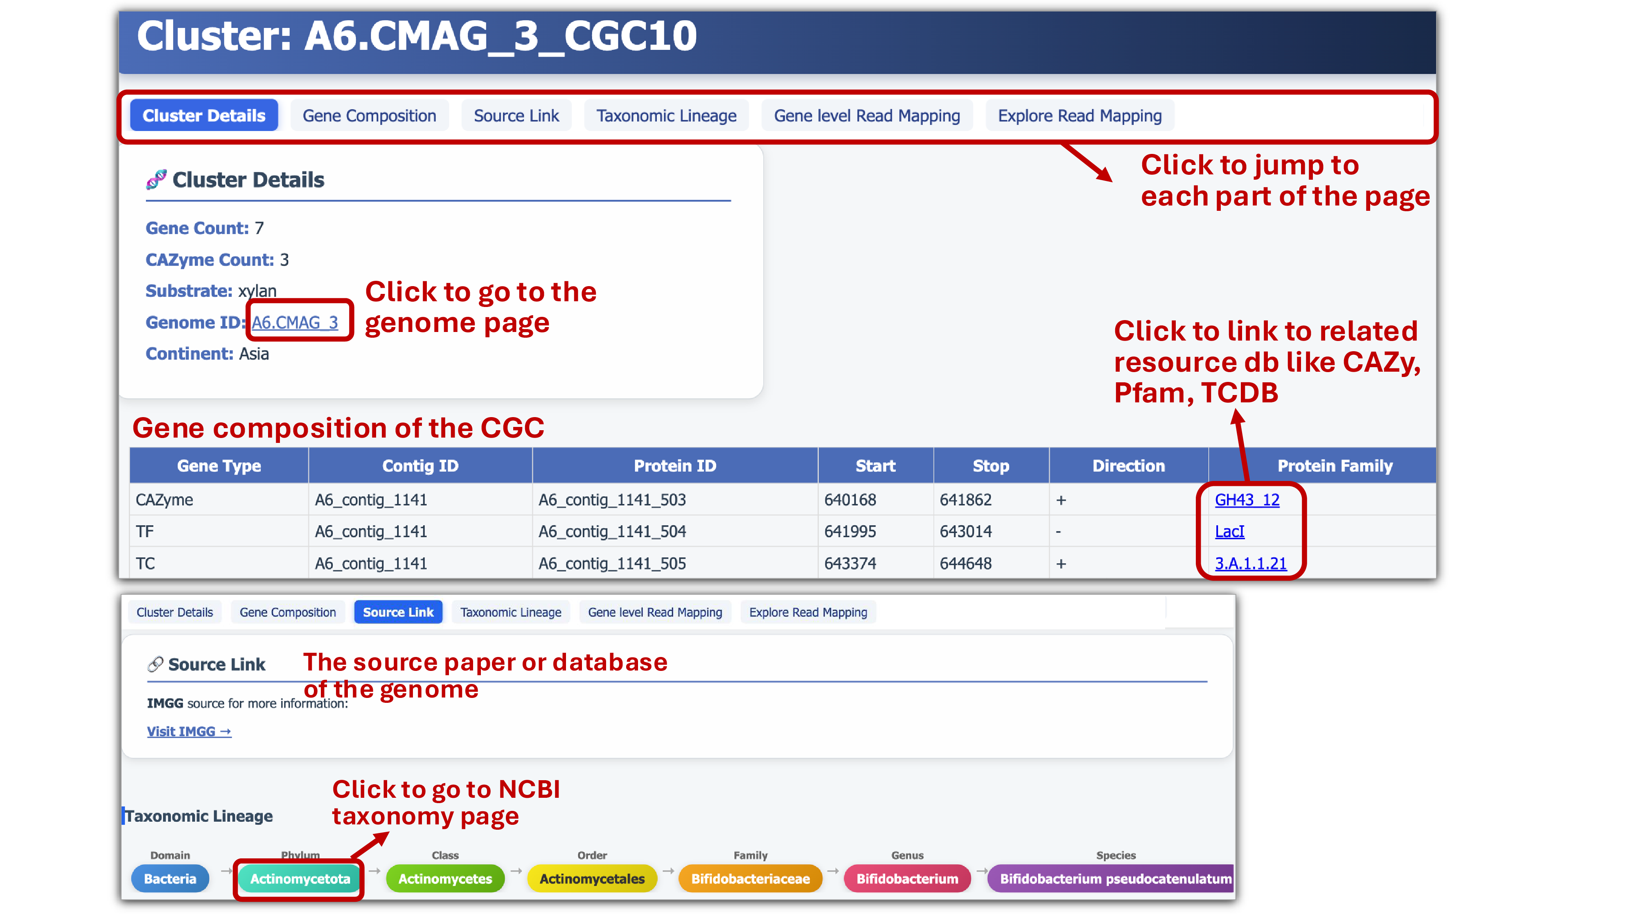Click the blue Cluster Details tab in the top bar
[x=203, y=116]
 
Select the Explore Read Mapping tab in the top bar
[x=1079, y=116]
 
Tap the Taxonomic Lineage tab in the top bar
[x=666, y=116]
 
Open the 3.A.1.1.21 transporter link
[x=1250, y=563]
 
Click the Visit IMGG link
[x=189, y=731]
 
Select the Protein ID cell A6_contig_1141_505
[x=612, y=563]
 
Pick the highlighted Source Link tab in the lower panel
[x=398, y=612]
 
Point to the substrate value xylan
[x=257, y=291]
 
